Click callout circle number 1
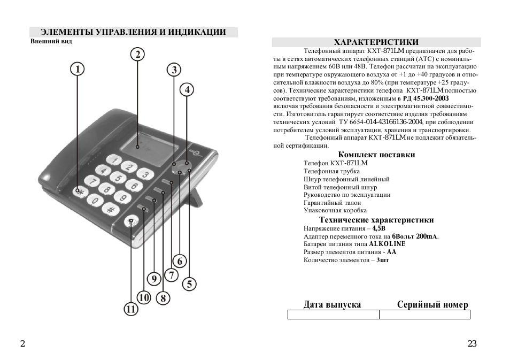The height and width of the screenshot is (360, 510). [x=78, y=69]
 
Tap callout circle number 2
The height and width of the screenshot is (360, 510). [x=138, y=54]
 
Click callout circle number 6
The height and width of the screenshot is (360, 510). [x=180, y=261]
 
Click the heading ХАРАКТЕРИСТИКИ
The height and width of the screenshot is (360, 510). [x=376, y=42]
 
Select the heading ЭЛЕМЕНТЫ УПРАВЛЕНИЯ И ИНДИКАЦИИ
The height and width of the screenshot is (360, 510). [x=133, y=33]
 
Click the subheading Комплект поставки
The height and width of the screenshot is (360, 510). [x=376, y=155]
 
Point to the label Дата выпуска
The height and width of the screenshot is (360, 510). [x=332, y=305]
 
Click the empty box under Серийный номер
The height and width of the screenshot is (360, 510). [x=424, y=315]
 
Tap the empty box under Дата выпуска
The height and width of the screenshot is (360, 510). [x=333, y=315]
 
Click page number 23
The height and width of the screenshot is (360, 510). [x=472, y=344]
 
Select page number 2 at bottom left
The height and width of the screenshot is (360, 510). [x=22, y=344]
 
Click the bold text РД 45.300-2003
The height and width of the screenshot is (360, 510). [x=426, y=99]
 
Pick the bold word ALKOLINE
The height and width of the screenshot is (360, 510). [x=387, y=244]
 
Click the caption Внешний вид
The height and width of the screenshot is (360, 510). [x=51, y=41]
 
